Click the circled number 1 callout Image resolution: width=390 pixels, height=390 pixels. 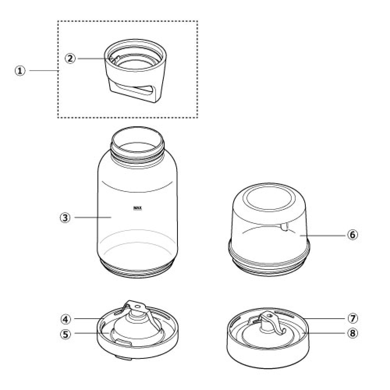[20, 71]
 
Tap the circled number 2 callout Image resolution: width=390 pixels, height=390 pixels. [70, 58]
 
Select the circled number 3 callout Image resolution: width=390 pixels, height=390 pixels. [65, 217]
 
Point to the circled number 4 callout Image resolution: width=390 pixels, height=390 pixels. [66, 319]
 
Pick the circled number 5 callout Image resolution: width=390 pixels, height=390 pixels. [66, 334]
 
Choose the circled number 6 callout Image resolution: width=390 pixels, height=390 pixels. [353, 235]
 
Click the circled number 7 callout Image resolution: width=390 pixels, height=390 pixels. [353, 318]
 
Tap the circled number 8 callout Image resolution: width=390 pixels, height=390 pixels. [353, 333]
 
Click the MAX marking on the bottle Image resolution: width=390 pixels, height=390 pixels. [138, 208]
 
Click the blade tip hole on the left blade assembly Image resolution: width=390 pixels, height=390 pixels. [137, 307]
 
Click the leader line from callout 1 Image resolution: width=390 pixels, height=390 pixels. [43, 70]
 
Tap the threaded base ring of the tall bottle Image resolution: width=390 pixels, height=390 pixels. [138, 268]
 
